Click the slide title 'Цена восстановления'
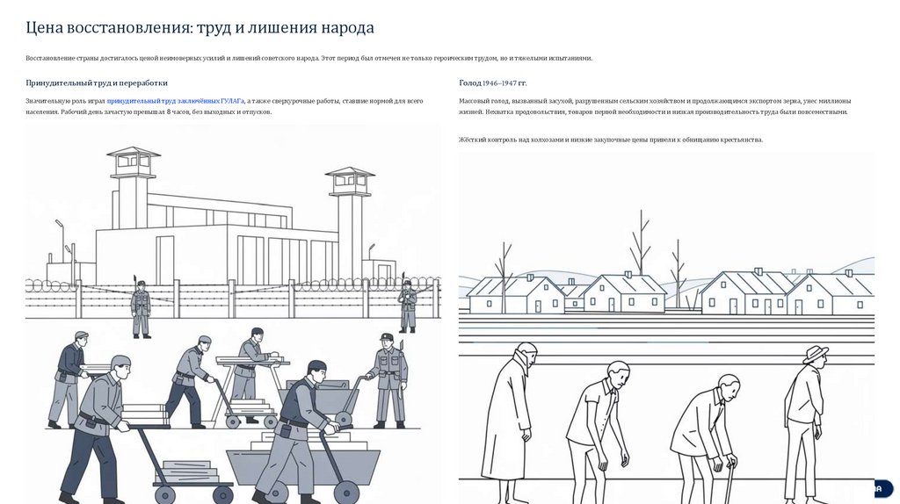108,27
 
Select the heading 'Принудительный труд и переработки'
97,83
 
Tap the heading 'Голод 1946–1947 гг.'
492,83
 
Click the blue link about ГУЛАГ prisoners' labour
175,101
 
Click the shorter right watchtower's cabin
350,181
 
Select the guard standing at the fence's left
141,307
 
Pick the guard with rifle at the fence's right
408,305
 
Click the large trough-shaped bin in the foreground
303,465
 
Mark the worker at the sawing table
251,372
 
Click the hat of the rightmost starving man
816,354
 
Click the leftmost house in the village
515,294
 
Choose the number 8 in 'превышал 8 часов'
169,112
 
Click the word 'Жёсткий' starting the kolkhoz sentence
472,140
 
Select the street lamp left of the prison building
61,241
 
